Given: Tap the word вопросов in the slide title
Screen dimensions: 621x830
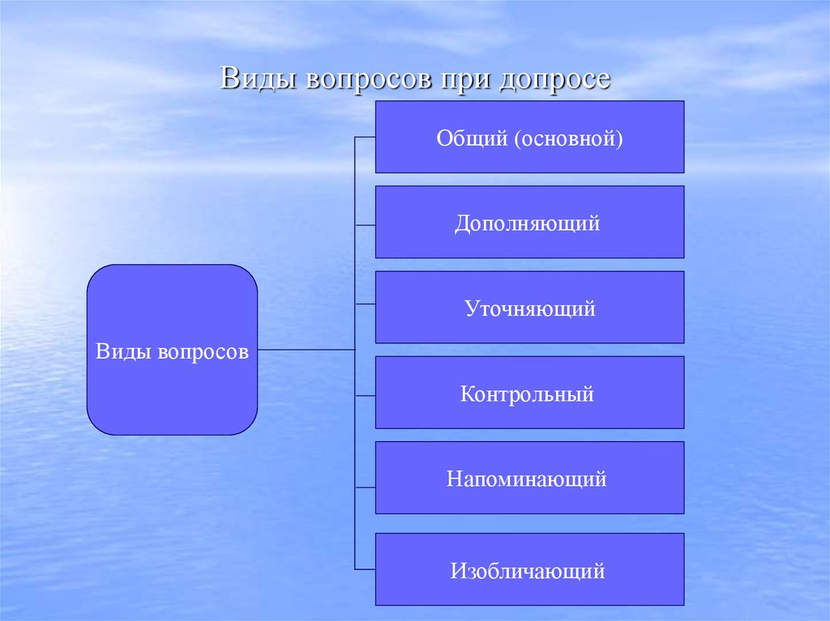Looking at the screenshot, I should click(x=356, y=80).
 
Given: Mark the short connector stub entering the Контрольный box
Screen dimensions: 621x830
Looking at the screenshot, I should click(x=366, y=395).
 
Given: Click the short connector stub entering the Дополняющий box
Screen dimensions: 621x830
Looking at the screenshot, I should click(x=366, y=223).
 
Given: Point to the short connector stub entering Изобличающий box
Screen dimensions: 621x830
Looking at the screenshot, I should click(x=366, y=568).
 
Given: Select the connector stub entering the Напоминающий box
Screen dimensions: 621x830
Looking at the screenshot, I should click(x=366, y=487).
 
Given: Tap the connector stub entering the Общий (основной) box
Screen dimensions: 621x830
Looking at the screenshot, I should click(x=366, y=137).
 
